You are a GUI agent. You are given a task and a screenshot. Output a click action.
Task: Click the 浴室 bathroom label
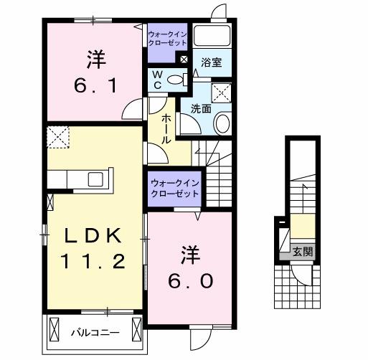point(211,62)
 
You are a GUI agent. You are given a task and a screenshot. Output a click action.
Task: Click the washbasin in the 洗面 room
point(222,123)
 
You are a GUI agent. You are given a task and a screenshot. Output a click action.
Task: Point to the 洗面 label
point(201,109)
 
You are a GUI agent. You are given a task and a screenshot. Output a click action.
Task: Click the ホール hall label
point(166,128)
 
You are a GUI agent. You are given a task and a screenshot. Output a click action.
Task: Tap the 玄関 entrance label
point(302,251)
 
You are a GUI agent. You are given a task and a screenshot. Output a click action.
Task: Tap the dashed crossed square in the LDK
point(57,136)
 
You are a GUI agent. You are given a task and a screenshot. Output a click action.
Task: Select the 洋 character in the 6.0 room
point(189,253)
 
